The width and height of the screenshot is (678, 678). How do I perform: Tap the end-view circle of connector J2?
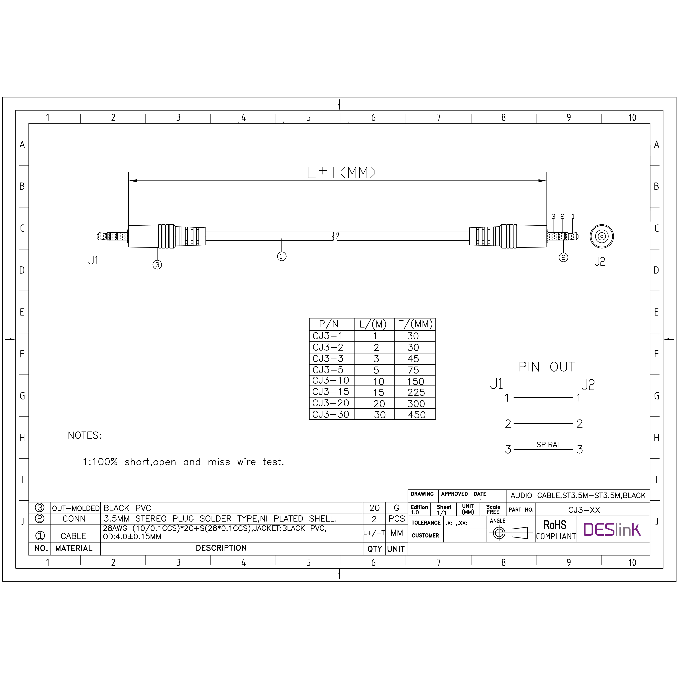(602, 236)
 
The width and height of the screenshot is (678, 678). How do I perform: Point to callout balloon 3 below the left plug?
(157, 265)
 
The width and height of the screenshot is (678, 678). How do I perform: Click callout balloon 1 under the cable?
(282, 256)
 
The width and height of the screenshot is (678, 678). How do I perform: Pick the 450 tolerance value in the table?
(417, 415)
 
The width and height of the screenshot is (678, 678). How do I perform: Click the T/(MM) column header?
(415, 324)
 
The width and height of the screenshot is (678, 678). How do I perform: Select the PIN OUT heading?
(547, 367)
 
